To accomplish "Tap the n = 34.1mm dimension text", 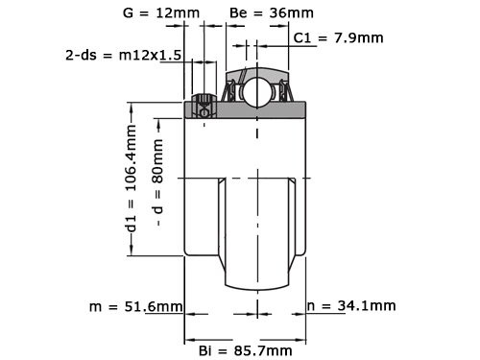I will [x=350, y=306].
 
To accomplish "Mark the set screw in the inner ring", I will [x=204, y=107].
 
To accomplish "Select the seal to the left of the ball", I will [x=230, y=92].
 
